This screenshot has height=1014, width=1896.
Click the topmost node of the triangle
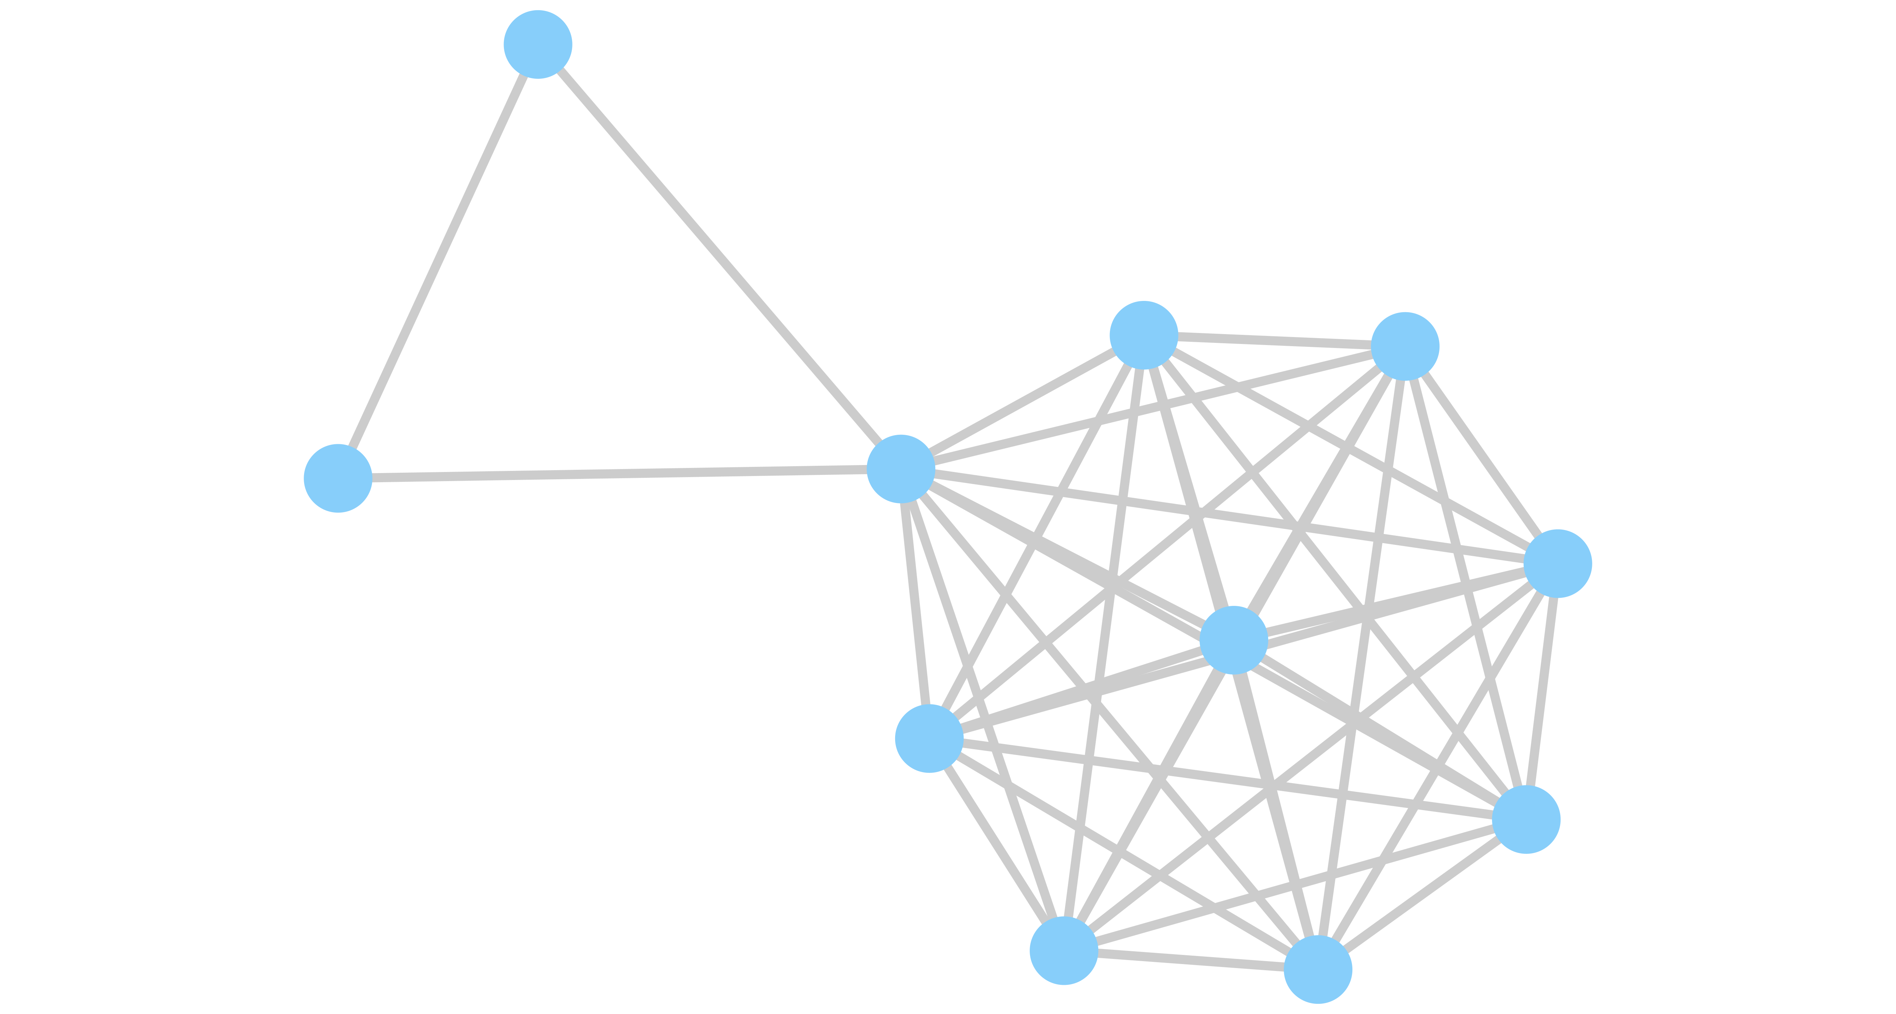point(538,44)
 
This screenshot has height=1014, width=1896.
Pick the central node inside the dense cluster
point(1233,640)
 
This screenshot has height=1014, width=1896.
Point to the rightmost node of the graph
point(1557,563)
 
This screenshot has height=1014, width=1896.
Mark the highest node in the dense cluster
point(1144,335)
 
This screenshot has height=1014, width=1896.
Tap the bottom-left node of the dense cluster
point(1064,951)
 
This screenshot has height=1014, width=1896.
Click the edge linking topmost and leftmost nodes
point(438,262)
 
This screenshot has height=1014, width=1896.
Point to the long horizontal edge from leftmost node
point(618,473)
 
